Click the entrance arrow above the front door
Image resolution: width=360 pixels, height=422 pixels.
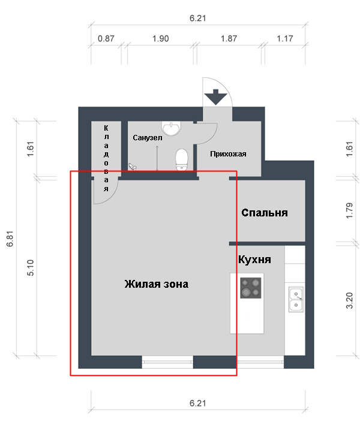click(x=215, y=97)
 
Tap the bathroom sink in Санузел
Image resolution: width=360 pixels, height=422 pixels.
click(x=171, y=128)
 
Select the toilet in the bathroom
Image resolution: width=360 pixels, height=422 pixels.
click(x=182, y=160)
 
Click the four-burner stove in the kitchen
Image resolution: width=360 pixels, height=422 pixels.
click(x=251, y=288)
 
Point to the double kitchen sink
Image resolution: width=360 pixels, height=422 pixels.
click(x=296, y=299)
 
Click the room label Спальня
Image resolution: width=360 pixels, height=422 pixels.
click(x=265, y=213)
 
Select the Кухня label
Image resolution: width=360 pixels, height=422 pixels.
click(x=254, y=260)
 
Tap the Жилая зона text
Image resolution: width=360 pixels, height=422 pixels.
click(x=156, y=284)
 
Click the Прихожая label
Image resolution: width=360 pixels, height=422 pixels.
click(x=228, y=153)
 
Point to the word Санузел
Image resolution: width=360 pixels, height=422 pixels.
click(x=148, y=137)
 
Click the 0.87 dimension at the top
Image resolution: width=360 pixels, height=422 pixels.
click(x=106, y=38)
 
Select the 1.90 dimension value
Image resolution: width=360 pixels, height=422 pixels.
click(x=161, y=38)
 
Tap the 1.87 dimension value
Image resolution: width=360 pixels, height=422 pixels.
click(x=229, y=38)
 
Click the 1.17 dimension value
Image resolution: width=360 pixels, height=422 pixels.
click(x=285, y=38)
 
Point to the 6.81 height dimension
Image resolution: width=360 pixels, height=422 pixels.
click(x=10, y=239)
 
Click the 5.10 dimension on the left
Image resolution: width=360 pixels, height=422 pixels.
click(x=31, y=267)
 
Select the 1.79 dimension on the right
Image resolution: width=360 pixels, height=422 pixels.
click(x=349, y=210)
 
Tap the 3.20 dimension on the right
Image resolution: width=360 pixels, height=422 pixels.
click(x=349, y=300)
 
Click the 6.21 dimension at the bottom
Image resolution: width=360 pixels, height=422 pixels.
click(x=197, y=403)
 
